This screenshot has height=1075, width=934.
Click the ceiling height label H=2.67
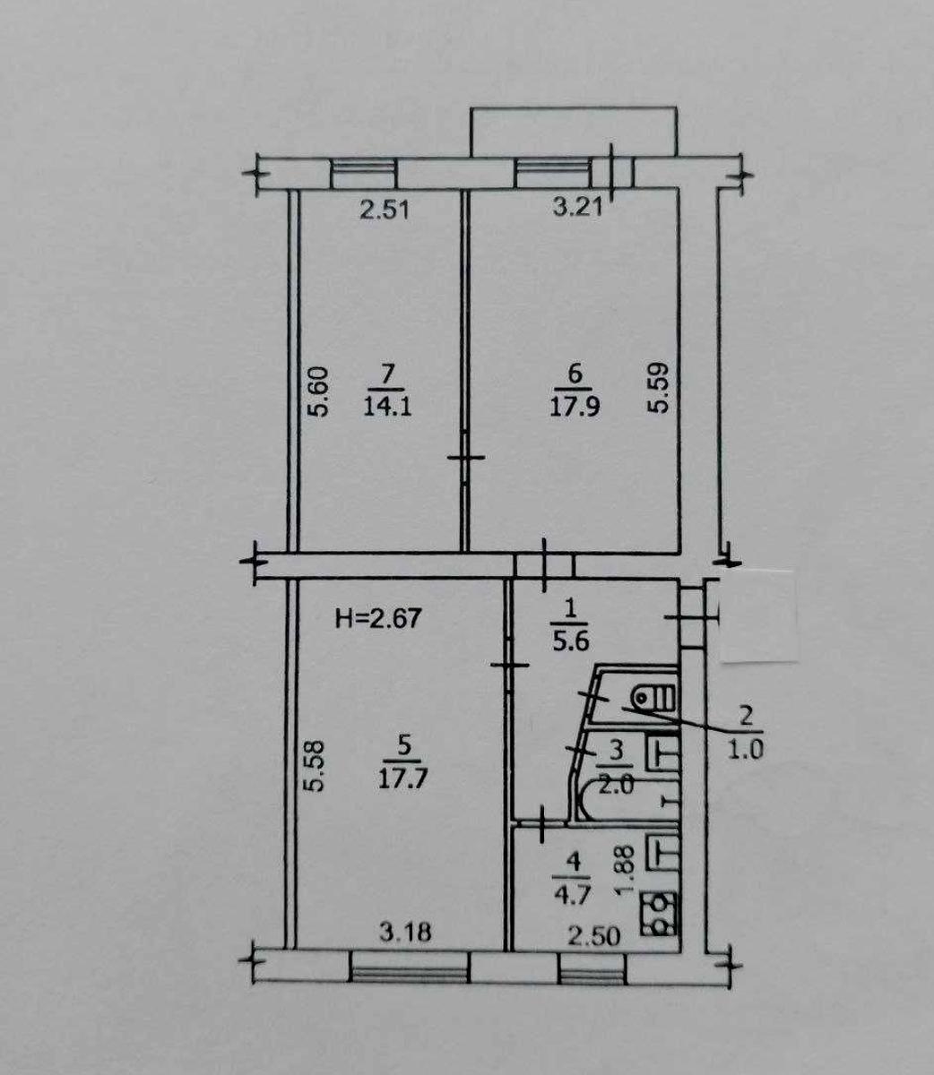[378, 618]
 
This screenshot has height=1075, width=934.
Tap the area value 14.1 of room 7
[387, 407]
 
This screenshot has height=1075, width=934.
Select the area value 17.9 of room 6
[575, 406]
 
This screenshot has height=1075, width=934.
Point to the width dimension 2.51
[385, 211]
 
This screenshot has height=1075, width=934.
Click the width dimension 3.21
[577, 208]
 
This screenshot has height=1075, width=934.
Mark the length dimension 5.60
[318, 391]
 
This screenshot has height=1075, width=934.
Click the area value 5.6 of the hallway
[571, 641]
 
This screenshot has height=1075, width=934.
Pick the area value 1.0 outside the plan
[745, 751]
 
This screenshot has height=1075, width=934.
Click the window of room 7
[364, 173]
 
